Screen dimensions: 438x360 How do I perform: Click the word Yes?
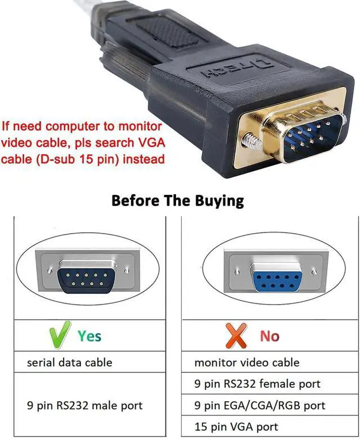tap(89, 336)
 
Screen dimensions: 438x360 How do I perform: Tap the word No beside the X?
tap(269, 336)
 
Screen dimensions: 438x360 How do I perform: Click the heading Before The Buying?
tap(178, 201)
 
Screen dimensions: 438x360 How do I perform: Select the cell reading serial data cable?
tap(70, 362)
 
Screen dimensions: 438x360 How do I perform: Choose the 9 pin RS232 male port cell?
tap(85, 405)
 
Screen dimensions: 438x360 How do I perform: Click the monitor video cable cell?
tap(247, 362)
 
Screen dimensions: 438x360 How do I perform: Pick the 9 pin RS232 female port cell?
tap(257, 384)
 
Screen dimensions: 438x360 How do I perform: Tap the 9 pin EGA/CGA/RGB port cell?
tap(260, 405)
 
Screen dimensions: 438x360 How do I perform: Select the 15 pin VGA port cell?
tap(236, 427)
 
